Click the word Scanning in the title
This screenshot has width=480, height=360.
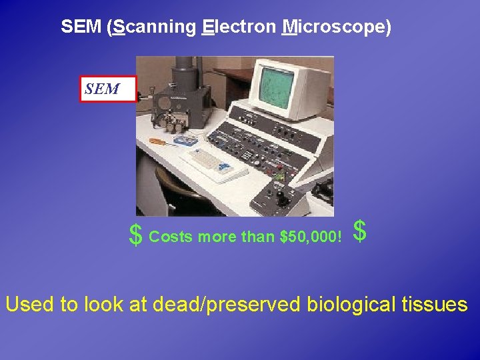coord(154,27)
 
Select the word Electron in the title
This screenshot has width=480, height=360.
coord(238,27)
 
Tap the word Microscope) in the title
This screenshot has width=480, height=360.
coord(337,27)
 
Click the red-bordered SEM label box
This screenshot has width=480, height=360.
coord(108,89)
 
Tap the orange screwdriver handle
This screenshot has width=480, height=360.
coord(156,141)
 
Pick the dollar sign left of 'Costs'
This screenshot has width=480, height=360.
coord(135,235)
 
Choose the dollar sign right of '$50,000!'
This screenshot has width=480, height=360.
coord(359,232)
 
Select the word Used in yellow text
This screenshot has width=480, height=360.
coord(30,305)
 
